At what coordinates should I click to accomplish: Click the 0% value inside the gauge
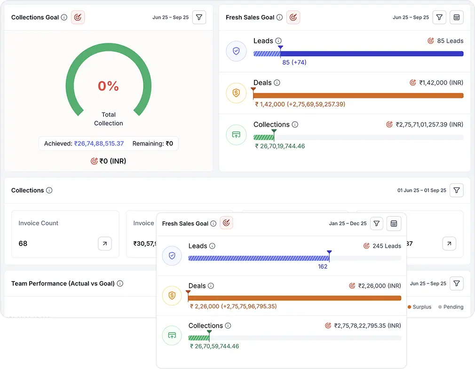[x=108, y=86]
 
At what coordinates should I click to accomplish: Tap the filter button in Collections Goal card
[x=199, y=17]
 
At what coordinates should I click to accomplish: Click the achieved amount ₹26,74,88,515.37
[x=99, y=143]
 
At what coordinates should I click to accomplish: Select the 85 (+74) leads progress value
[x=294, y=63]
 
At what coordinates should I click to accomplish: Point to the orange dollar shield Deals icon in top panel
[x=236, y=93]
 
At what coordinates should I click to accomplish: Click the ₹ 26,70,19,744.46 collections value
[x=280, y=146]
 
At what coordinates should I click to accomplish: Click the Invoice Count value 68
[x=23, y=243]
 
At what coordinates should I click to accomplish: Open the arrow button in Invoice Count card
[x=104, y=243]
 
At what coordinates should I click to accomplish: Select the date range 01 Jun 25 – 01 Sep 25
[x=421, y=190]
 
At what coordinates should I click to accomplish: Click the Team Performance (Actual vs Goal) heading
[x=63, y=283]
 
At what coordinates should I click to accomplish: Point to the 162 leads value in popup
[x=323, y=267]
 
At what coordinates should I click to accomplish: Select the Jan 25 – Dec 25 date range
[x=348, y=224]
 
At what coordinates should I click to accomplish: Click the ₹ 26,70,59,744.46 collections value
[x=214, y=346]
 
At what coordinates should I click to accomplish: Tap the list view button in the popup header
[x=394, y=224]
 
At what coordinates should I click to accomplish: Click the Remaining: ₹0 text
[x=152, y=143]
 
